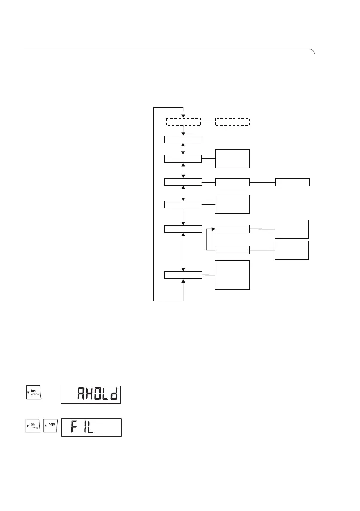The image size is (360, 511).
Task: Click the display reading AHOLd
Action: (91, 394)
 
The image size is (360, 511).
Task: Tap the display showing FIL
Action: (91, 427)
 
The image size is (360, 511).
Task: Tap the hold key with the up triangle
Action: (51, 427)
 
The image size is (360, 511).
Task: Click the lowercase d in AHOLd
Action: (114, 394)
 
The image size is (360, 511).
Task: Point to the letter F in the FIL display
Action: (73, 428)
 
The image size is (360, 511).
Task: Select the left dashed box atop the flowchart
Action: (183, 121)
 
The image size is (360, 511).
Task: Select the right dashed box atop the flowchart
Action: (232, 121)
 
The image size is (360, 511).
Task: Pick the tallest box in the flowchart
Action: (232, 275)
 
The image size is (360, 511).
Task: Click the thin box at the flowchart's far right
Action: (292, 182)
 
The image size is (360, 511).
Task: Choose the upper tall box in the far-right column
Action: (292, 229)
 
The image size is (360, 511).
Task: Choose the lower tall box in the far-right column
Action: (292, 250)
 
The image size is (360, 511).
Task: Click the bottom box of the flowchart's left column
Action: (183, 275)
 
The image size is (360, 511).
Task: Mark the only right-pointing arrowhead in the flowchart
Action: (212, 229)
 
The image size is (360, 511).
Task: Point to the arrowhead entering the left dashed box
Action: (183, 115)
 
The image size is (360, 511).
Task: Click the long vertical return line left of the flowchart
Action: (154, 204)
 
